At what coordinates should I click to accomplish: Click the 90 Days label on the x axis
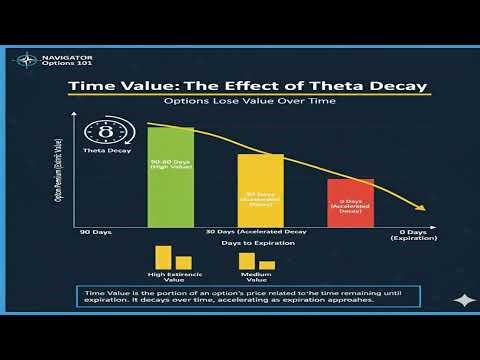coord(96,232)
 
